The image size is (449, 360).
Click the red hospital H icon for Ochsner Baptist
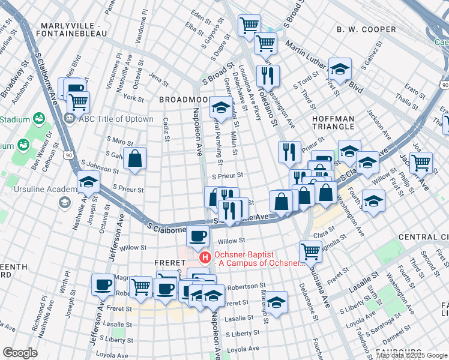pos(205,257)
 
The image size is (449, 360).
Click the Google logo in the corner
pos(20,353)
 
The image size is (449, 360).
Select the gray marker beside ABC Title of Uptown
pos(70,118)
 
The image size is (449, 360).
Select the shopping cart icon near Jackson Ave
pos(421,162)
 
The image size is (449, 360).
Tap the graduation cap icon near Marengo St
pos(277,302)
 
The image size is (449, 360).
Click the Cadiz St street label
pos(166,130)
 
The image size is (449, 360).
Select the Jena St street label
pos(158,78)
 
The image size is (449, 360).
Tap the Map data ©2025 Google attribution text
pos(412,355)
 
